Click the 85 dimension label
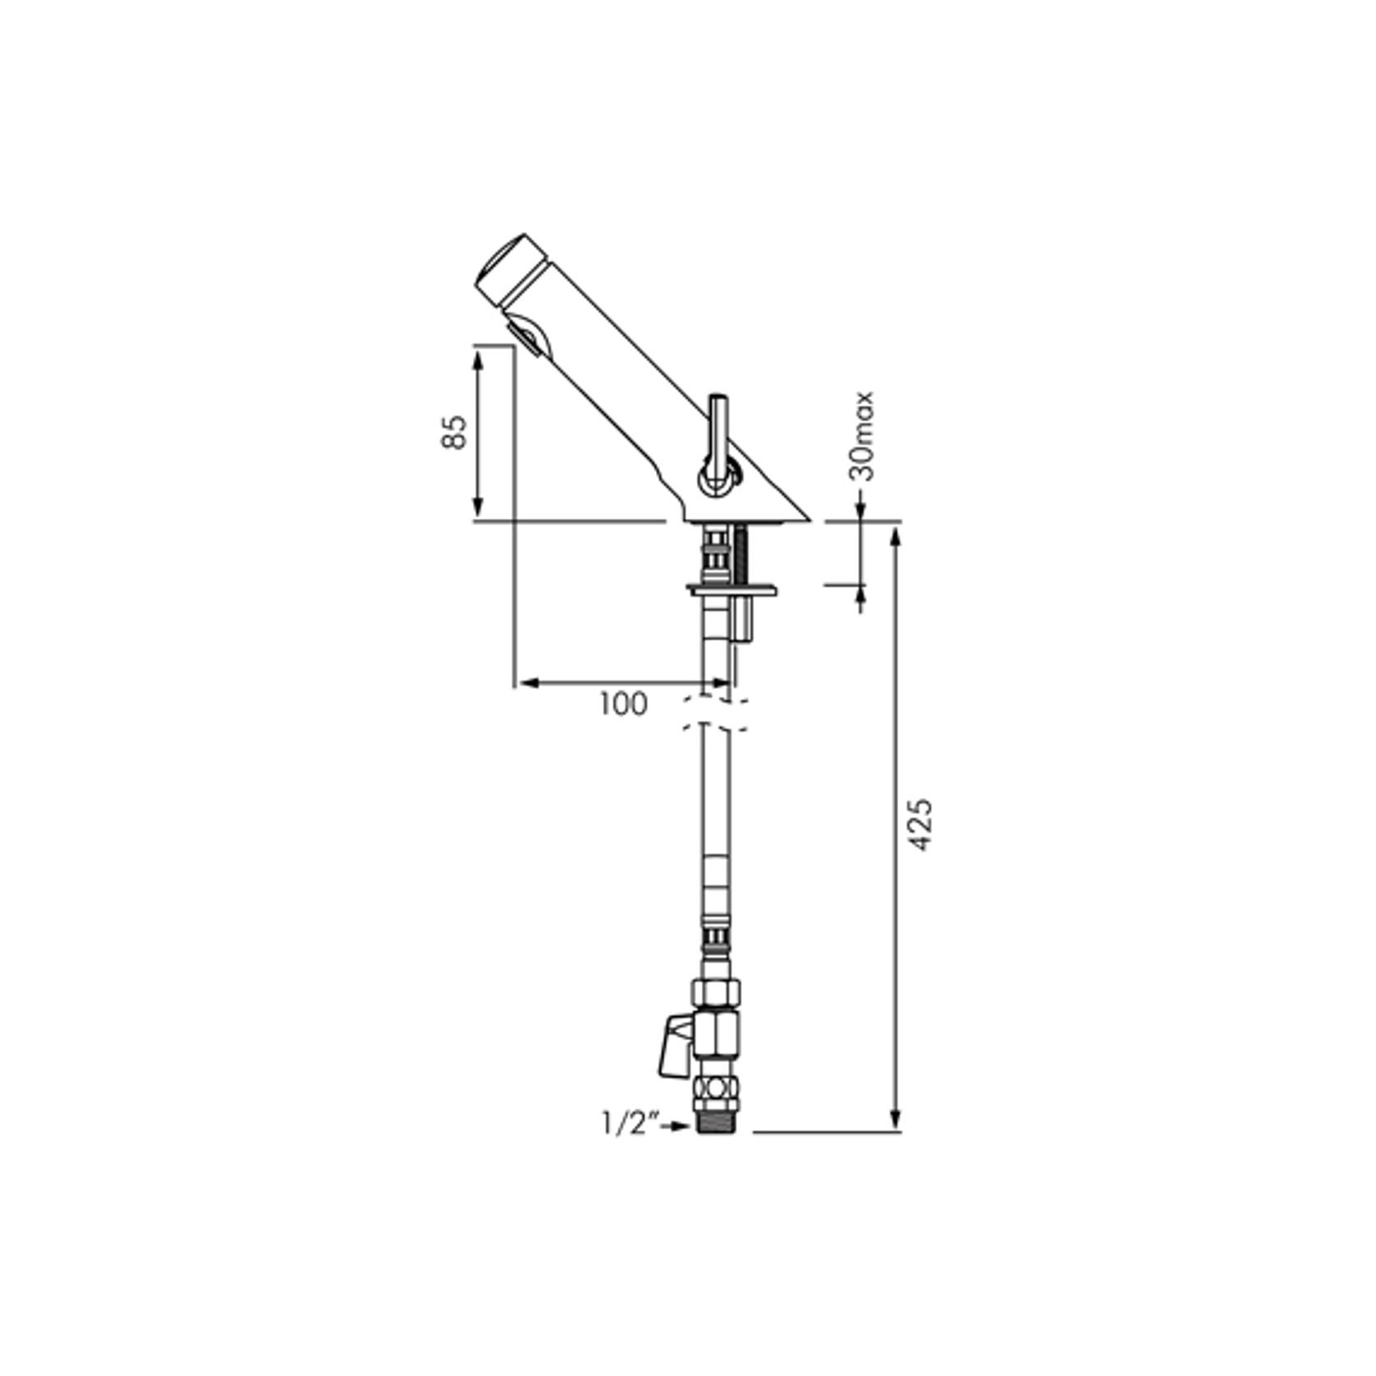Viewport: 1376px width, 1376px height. click(x=455, y=432)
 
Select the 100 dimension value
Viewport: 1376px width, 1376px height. click(x=623, y=704)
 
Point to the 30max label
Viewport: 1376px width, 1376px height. click(x=862, y=436)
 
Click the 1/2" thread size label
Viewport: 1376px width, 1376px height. click(x=631, y=1124)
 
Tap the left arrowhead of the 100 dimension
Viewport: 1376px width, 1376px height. click(x=526, y=682)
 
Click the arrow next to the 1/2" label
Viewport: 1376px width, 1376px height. click(x=677, y=1126)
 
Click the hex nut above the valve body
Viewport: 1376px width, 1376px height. click(x=718, y=992)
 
